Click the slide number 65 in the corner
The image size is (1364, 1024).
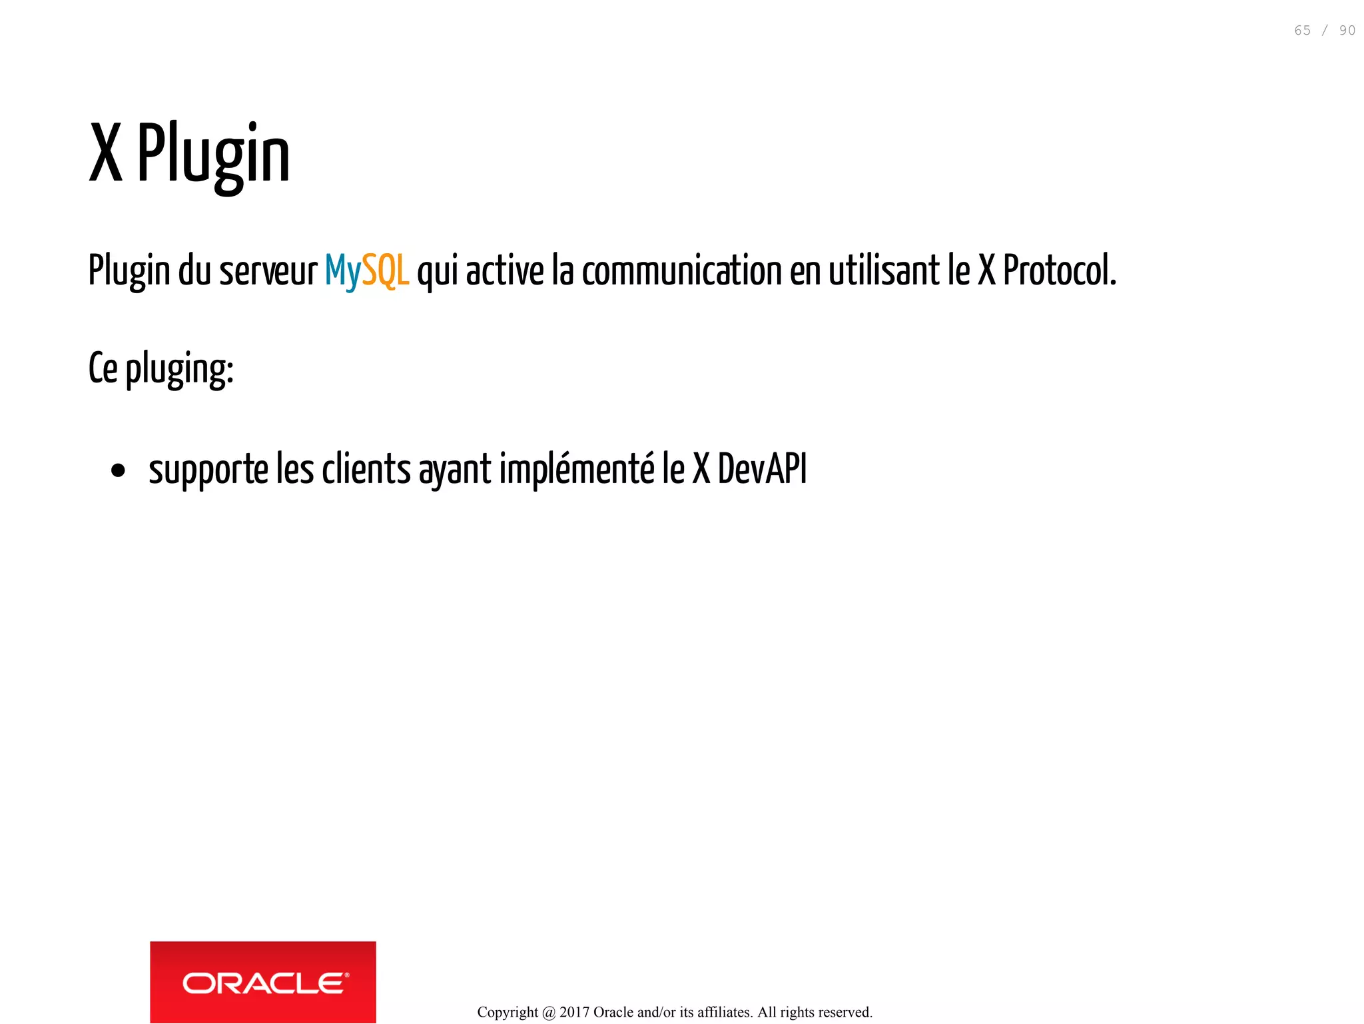tap(1302, 31)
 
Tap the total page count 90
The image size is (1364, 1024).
tap(1347, 31)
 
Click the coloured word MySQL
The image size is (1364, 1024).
tap(366, 271)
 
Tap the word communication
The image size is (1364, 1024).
tap(681, 271)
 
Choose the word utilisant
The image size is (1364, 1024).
tap(884, 271)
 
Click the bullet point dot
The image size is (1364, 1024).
tap(119, 471)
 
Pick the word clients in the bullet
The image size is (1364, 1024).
tap(366, 469)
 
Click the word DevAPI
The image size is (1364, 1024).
tap(762, 469)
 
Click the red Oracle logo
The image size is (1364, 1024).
tap(263, 981)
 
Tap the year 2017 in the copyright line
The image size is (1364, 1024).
tap(574, 1012)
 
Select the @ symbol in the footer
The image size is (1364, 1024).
tap(549, 1013)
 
